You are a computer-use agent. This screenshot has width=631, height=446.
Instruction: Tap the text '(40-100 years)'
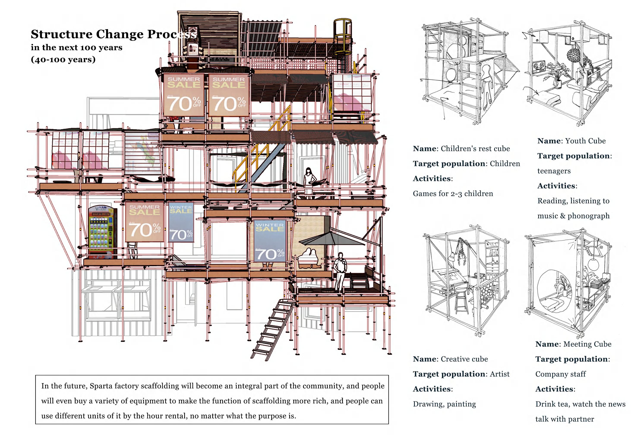(x=63, y=59)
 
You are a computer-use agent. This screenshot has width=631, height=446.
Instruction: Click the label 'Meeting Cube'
(x=587, y=344)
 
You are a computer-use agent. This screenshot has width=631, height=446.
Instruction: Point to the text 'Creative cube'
(x=464, y=359)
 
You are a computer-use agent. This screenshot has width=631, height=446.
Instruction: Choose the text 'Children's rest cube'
(x=475, y=149)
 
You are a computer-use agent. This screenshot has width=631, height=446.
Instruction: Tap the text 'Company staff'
(x=560, y=374)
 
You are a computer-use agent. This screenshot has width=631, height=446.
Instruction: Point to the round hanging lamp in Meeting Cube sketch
(x=593, y=264)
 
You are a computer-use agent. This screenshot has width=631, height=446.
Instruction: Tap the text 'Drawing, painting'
(x=444, y=404)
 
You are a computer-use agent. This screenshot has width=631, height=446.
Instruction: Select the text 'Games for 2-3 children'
(x=453, y=194)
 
